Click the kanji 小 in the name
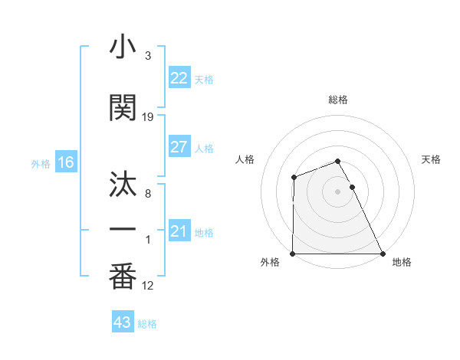[123, 48]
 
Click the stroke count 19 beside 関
[148, 117]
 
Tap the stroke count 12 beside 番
[148, 286]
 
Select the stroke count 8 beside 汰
[148, 194]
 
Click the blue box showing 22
[179, 78]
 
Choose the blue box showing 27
[179, 147]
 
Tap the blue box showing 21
[179, 231]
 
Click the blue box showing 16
[65, 162]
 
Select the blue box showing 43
[122, 322]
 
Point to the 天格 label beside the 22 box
[204, 80]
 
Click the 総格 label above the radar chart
[338, 100]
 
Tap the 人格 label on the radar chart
[246, 159]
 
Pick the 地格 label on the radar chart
[402, 262]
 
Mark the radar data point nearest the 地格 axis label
[383, 254]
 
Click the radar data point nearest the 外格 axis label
[293, 254]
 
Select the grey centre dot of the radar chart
[338, 191]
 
